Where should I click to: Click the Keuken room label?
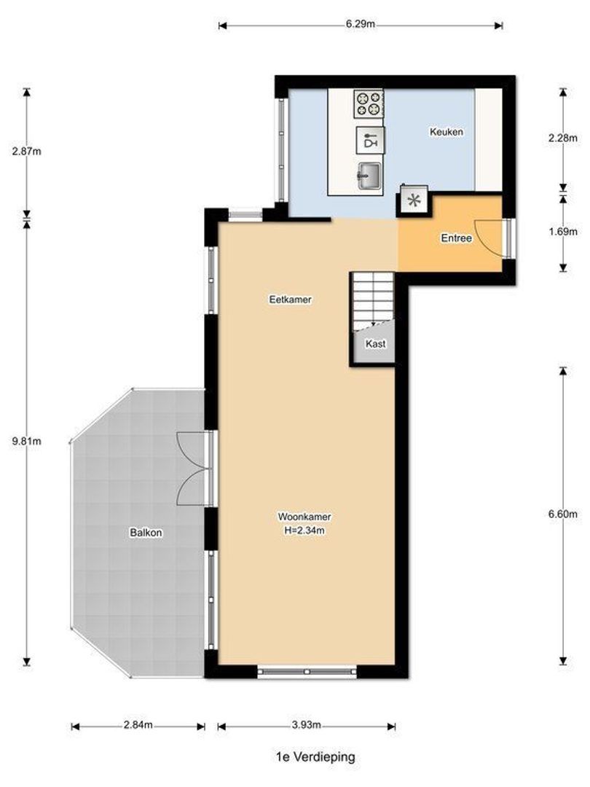447,132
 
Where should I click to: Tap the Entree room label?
457,238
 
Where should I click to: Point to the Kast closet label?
375,343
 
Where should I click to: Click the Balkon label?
146,533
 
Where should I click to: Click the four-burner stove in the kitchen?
369,103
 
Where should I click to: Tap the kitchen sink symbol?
369,174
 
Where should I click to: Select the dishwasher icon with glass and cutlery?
370,139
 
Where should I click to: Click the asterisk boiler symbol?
413,202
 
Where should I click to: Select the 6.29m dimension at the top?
361,26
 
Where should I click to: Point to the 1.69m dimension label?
563,232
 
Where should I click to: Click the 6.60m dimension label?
563,513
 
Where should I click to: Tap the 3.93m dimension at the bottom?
306,725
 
